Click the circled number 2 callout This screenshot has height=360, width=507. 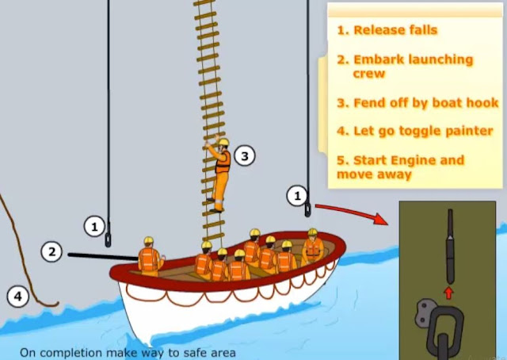click(51, 252)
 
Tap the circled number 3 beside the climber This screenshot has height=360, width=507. click(245, 156)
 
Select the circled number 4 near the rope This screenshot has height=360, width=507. click(18, 297)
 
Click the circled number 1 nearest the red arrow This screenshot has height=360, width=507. click(297, 196)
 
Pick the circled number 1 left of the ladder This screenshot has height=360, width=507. click(94, 227)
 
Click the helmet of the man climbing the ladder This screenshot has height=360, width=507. click(223, 142)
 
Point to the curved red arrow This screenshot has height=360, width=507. click(352, 212)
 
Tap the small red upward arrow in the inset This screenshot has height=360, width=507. click(449, 293)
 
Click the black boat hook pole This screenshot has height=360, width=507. click(104, 256)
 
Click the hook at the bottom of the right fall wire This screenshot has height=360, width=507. click(307, 209)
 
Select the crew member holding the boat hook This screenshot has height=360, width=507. click(150, 257)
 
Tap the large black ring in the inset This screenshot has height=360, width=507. click(445, 329)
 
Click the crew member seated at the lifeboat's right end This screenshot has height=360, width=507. click(312, 247)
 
